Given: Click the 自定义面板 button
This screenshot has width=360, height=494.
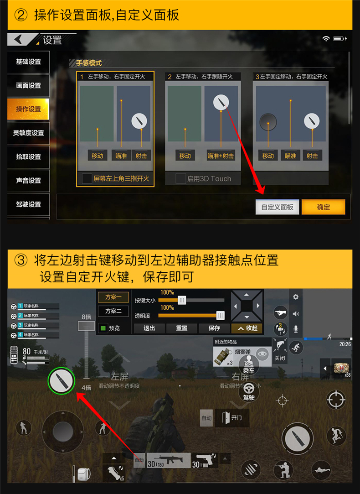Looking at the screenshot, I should pos(277,207).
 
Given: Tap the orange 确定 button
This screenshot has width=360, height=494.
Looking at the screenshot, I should pos(323,207).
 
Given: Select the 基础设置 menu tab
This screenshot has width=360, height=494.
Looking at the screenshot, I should pos(28,62).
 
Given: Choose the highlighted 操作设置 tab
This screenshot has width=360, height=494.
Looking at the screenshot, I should pos(28,109).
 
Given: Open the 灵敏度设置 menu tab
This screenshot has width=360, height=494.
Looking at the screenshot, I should pos(28,133).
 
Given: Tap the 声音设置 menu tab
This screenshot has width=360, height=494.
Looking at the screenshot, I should pos(28,180).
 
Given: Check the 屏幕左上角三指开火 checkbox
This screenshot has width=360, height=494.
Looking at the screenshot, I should pos(87,179).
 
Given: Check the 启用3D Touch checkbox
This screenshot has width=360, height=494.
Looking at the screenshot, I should pos(181,179).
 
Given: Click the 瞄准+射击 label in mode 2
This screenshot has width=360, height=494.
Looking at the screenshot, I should pos(221,156).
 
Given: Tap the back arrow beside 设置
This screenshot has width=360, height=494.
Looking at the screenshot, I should pos(19,40).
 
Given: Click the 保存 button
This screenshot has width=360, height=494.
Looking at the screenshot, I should pos(214,328).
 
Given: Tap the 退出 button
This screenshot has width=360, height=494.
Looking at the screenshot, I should pos(149,328).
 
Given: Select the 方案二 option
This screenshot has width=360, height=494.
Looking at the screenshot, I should pos(113,311).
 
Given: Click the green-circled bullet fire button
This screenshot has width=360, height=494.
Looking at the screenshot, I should pos(62,380).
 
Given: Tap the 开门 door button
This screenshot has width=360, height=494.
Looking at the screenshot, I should pos(232,417).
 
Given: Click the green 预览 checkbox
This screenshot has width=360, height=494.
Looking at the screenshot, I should pos(103,328).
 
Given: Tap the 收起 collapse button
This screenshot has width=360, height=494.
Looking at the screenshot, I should pos(247,328).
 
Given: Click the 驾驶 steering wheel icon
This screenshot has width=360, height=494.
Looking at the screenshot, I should pos(249,390).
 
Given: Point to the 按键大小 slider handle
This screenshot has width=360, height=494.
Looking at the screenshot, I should pos(182,300).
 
